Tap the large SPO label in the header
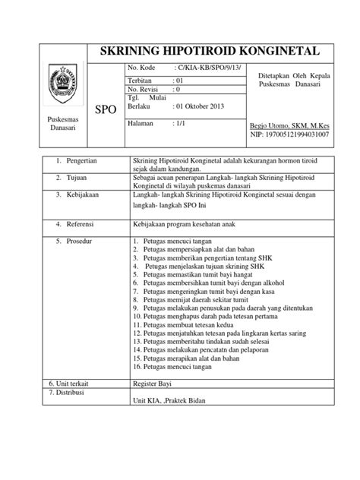coord(105,110)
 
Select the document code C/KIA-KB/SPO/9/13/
coord(203,68)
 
